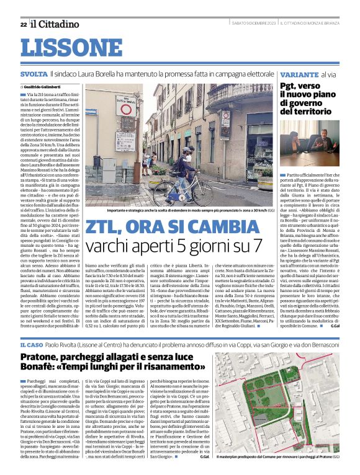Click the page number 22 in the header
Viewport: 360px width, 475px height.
click(x=23, y=24)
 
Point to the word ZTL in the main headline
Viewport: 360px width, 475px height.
click(x=106, y=228)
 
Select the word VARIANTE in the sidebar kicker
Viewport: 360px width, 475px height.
click(x=284, y=73)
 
